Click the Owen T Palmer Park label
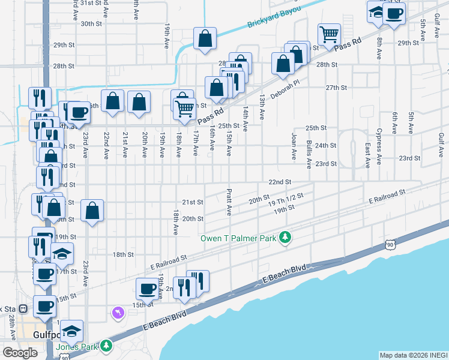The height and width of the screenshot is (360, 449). coord(238,238)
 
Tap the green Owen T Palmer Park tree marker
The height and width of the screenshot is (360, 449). coord(286,238)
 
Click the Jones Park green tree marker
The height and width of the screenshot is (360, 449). coord(106,346)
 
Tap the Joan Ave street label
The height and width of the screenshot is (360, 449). coord(294,146)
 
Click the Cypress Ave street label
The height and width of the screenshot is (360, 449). coord(379,146)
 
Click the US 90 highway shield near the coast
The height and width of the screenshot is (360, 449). coord(391,245)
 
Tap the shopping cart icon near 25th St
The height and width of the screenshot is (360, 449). coord(184,109)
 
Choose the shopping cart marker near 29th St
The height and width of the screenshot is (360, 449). coord(329,34)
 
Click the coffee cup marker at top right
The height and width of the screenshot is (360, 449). coord(394,13)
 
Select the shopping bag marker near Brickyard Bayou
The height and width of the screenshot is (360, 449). coord(205,38)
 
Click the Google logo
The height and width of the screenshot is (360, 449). coord(20,353)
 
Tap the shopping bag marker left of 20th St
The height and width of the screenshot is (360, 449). coord(92,211)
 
